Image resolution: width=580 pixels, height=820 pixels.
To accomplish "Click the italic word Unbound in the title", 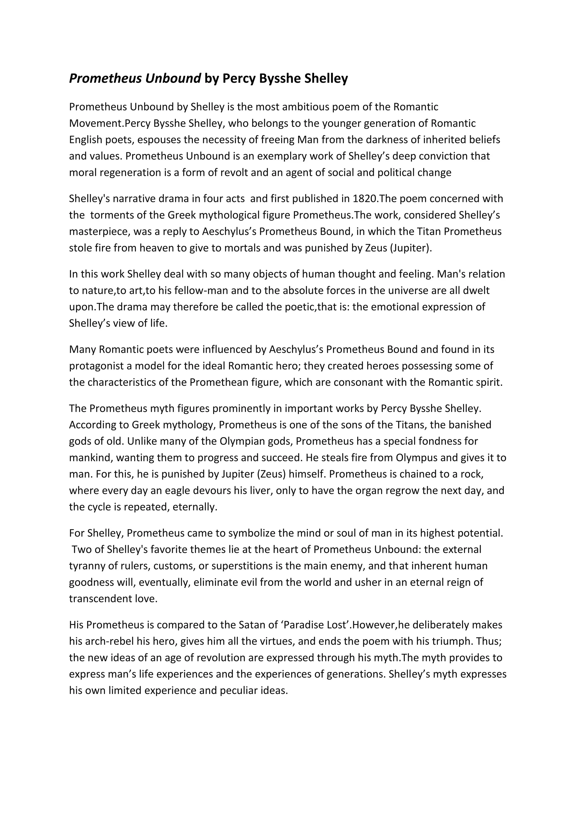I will click(x=173, y=78).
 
